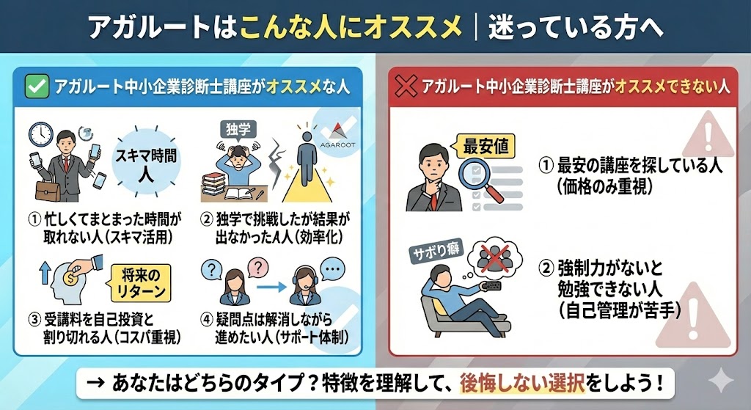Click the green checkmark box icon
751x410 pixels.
(37, 87)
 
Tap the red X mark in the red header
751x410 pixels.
(406, 87)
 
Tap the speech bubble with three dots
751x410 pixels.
(332, 270)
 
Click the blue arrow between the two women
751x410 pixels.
(271, 288)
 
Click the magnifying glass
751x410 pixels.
(480, 178)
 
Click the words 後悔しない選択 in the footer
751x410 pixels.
(522, 384)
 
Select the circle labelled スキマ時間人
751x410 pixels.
(146, 162)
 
